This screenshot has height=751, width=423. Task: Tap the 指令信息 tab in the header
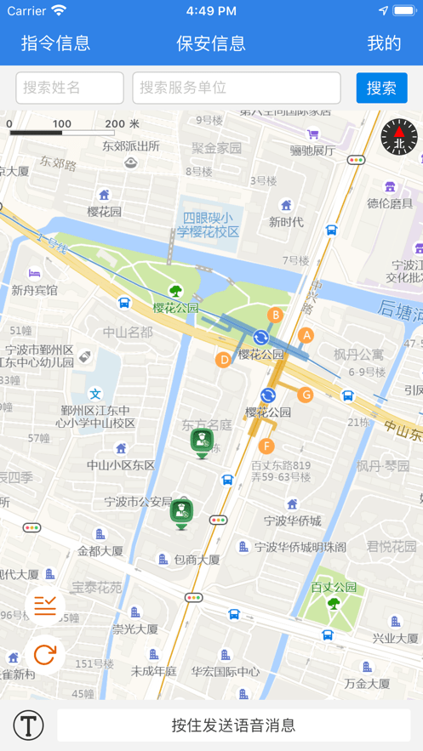click(x=55, y=43)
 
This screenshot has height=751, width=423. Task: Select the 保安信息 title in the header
click(x=211, y=43)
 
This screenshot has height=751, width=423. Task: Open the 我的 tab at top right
click(x=384, y=43)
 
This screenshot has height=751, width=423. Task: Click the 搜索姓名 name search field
click(x=70, y=88)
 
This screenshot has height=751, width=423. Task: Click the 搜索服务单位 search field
click(x=237, y=88)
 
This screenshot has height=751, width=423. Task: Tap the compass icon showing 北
click(x=399, y=138)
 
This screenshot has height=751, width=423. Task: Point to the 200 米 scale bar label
click(x=122, y=124)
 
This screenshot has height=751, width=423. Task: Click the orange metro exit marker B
click(x=275, y=316)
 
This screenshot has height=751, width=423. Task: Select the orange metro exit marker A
click(x=306, y=335)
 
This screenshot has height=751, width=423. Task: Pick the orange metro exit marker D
click(x=224, y=360)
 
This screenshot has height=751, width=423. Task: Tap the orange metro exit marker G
click(x=306, y=395)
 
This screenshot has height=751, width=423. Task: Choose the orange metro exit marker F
click(x=266, y=447)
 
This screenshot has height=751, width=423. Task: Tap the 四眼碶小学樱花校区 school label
click(x=209, y=225)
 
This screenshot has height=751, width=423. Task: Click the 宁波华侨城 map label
click(x=292, y=521)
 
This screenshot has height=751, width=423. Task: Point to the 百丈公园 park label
click(x=334, y=587)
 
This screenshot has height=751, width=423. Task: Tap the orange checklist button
click(x=45, y=606)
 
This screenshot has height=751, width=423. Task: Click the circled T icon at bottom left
click(x=28, y=725)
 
